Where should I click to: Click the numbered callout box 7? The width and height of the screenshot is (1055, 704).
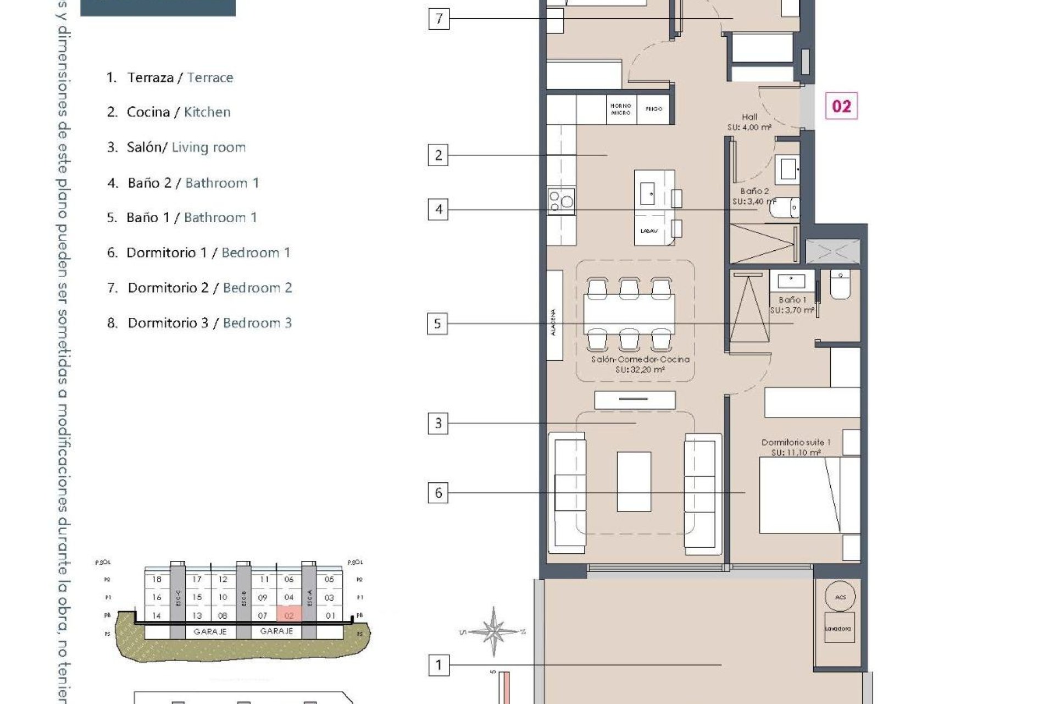(x=438, y=19)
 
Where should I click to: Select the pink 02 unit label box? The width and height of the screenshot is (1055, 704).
(x=841, y=106)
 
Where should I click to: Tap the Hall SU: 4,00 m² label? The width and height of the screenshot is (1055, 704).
(x=749, y=122)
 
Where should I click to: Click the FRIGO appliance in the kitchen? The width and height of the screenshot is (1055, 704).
(x=654, y=109)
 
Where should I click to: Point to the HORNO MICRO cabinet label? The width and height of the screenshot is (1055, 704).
(x=621, y=109)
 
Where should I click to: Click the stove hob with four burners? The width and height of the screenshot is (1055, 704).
(x=561, y=201)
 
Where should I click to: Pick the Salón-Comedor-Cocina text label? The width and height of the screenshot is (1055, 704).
(x=640, y=359)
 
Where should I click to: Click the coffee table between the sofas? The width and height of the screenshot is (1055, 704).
(x=634, y=481)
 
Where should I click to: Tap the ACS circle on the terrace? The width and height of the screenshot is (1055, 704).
(x=840, y=597)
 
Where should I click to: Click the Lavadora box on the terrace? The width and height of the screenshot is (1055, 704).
(x=838, y=628)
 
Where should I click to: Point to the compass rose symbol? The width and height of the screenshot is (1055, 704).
(x=493, y=631)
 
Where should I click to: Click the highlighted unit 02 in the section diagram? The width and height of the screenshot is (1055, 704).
(x=289, y=615)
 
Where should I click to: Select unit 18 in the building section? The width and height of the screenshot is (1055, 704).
(x=157, y=579)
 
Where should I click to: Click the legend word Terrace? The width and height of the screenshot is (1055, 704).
(x=210, y=78)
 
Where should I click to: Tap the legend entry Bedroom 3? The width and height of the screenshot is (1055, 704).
(x=257, y=323)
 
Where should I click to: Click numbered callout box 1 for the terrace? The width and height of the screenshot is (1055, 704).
(x=438, y=665)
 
